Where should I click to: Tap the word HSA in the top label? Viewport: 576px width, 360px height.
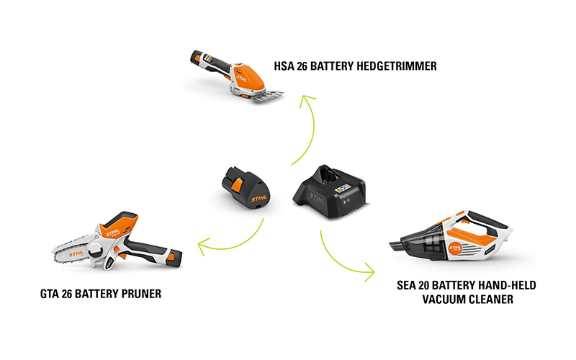(x=284, y=66)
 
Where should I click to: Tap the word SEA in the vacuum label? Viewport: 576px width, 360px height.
(x=406, y=285)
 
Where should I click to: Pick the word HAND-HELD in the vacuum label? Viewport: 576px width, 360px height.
(x=508, y=285)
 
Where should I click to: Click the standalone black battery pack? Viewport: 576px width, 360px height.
(x=246, y=188)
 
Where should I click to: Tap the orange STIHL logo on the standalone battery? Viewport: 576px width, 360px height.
(x=259, y=199)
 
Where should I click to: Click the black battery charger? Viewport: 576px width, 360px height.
(x=329, y=192)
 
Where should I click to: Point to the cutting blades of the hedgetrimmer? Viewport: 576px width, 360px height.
(x=267, y=96)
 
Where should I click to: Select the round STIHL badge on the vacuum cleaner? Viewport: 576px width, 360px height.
(x=456, y=249)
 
